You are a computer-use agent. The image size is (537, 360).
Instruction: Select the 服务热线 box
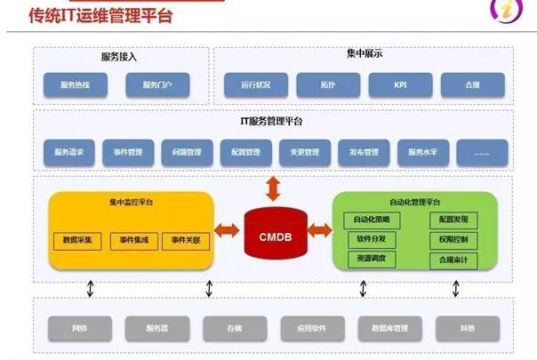pyautogui.click(x=74, y=85)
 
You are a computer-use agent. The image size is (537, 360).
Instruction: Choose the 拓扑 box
pyautogui.click(x=328, y=85)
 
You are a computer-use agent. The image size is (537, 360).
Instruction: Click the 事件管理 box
pyautogui.click(x=127, y=152)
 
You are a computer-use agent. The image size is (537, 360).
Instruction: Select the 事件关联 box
pyautogui.click(x=186, y=240)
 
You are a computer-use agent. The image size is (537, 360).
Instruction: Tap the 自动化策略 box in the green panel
pyautogui.click(x=372, y=220)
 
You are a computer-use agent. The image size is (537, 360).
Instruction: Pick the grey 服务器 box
pyautogui.click(x=157, y=329)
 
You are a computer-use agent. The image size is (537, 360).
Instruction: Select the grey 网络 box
pyautogui.click(x=79, y=329)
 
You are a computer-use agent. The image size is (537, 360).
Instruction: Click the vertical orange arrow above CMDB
pyautogui.click(x=273, y=188)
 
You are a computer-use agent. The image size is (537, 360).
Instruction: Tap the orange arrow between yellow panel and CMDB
pyautogui.click(x=228, y=230)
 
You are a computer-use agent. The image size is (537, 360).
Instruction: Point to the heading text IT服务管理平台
pyautogui.click(x=272, y=121)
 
